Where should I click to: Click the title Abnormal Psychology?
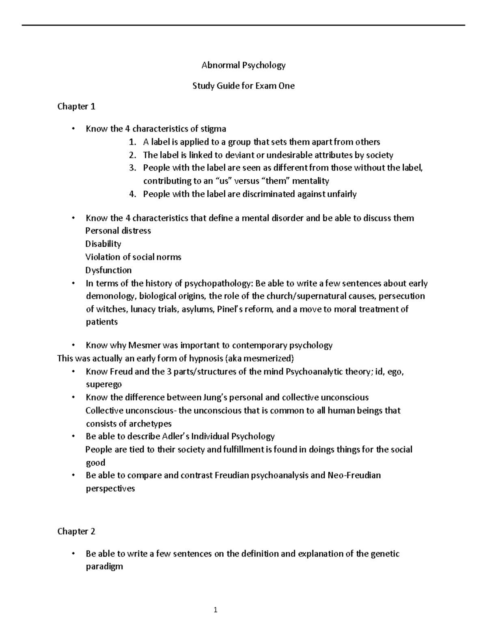pos(243,65)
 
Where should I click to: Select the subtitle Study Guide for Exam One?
pos(243,86)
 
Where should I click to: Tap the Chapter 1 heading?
pos(76,107)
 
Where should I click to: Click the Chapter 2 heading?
pos(76,531)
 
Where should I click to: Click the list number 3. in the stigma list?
pos(132,168)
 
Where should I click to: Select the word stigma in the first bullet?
pos(213,129)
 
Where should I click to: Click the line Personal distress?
pos(118,231)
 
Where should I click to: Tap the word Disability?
pos(103,244)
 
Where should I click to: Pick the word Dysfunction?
pos(108,270)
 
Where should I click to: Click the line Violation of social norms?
pos(133,257)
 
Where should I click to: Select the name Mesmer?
pos(144,346)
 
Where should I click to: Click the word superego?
pos(103,385)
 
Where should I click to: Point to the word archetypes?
pos(150,424)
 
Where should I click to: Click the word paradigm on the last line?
pos(104,566)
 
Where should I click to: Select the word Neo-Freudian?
pos(354,475)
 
